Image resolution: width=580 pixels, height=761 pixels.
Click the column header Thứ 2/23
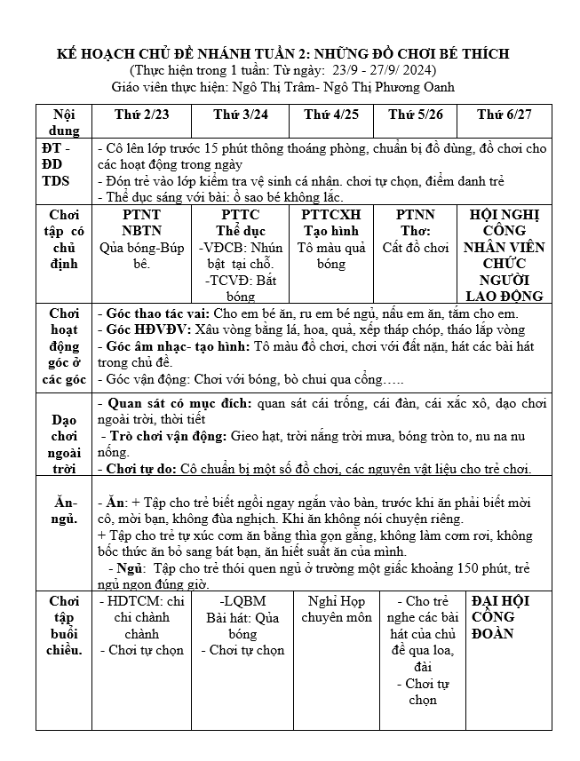(x=142, y=115)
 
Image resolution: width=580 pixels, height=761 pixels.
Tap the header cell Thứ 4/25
(x=331, y=115)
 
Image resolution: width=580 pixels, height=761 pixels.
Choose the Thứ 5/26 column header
(x=416, y=115)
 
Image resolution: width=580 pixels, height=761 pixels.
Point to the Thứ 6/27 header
(x=504, y=115)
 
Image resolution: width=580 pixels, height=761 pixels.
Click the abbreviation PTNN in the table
(x=416, y=215)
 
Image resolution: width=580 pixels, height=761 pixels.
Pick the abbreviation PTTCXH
(x=331, y=215)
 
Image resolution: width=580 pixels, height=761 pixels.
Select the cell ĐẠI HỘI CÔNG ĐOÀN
(x=501, y=617)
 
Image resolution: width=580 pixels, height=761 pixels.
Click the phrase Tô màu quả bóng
(x=331, y=256)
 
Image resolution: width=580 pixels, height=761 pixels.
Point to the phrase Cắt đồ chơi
(x=416, y=248)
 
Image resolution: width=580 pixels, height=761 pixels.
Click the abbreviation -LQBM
(x=242, y=601)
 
